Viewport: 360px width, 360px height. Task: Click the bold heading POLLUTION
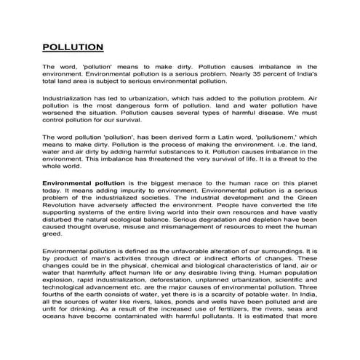click(x=73, y=48)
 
